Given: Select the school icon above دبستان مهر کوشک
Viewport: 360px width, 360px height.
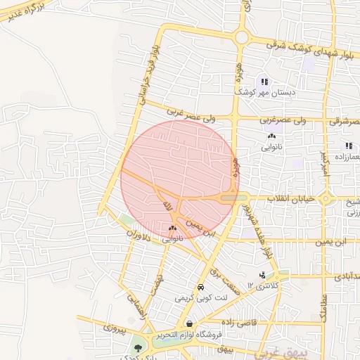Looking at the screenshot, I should click(x=264, y=82).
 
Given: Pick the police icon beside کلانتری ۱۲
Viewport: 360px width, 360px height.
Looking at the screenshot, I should click(x=262, y=275).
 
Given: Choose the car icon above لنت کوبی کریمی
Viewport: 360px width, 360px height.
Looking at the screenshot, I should click(x=200, y=288).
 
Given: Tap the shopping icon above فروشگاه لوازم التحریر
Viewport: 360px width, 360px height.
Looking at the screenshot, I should click(x=190, y=323).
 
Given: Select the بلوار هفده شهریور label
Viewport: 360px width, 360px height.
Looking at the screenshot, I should click(x=255, y=229).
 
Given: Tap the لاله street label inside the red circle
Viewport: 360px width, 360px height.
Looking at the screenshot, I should click(x=167, y=206).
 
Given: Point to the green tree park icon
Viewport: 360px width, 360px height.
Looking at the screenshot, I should click(x=138, y=347).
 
